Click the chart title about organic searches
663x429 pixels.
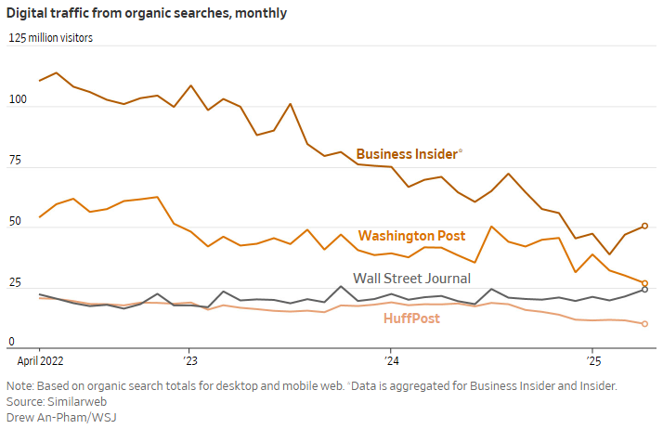tap(149, 13)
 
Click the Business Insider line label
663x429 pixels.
tap(408, 153)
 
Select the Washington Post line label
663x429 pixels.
tap(411, 236)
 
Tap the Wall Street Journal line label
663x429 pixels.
tap(411, 278)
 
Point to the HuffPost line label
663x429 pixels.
tap(411, 318)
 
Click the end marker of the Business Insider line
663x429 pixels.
tap(644, 226)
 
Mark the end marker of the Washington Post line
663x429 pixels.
tap(644, 283)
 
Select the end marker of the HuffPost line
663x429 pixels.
tap(644, 323)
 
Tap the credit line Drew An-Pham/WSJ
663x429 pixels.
tap(61, 417)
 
